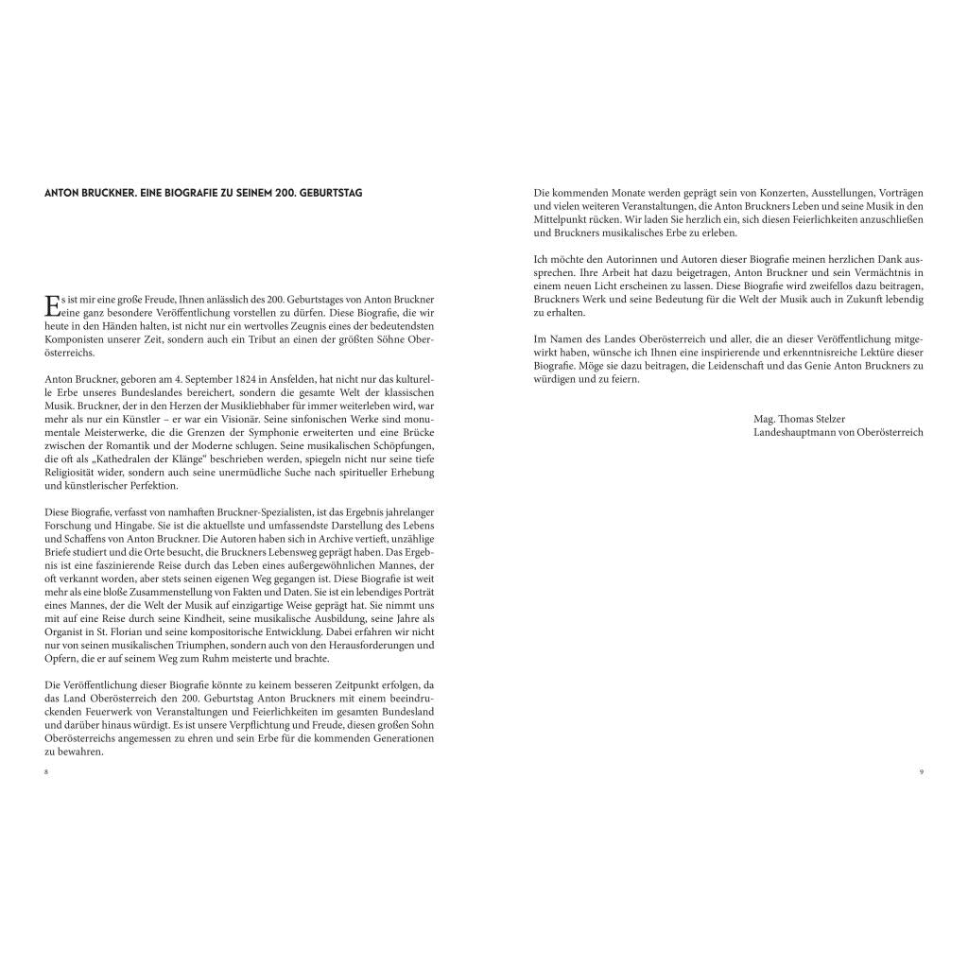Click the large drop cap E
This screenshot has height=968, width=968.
(51, 304)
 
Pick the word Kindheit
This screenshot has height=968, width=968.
(183, 605)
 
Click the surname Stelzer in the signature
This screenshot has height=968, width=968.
(826, 418)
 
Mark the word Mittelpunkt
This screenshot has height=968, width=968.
(563, 219)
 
